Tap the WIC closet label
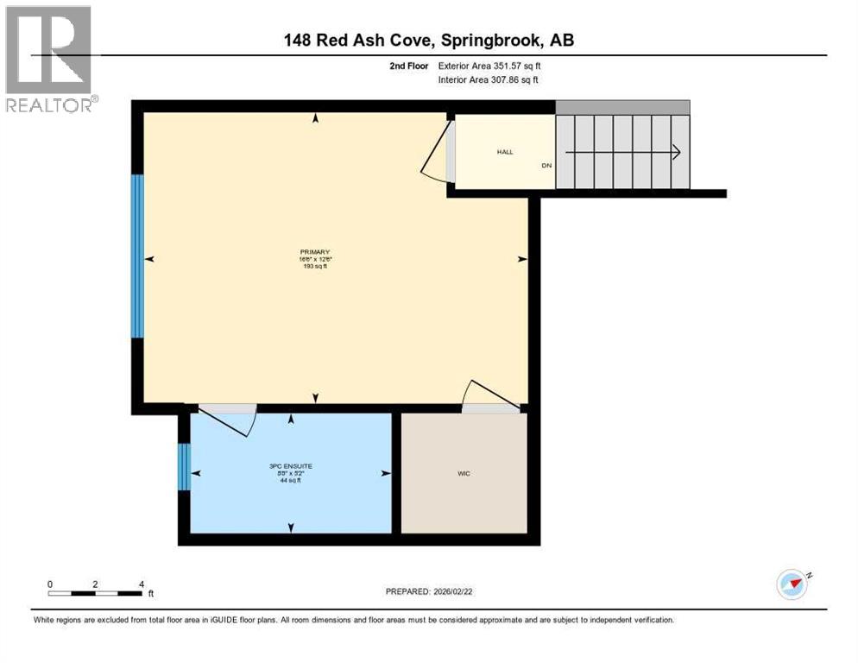tap(464, 473)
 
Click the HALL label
tap(504, 152)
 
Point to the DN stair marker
tap(546, 166)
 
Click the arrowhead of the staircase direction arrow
tap(676, 153)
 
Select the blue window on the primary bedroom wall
tap(137, 256)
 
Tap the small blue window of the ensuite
tap(183, 466)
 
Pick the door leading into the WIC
tap(492, 395)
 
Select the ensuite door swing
tap(227, 420)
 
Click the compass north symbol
tap(792, 584)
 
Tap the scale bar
tap(95, 593)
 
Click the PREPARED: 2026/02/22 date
tap(429, 591)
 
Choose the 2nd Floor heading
tap(407, 66)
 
